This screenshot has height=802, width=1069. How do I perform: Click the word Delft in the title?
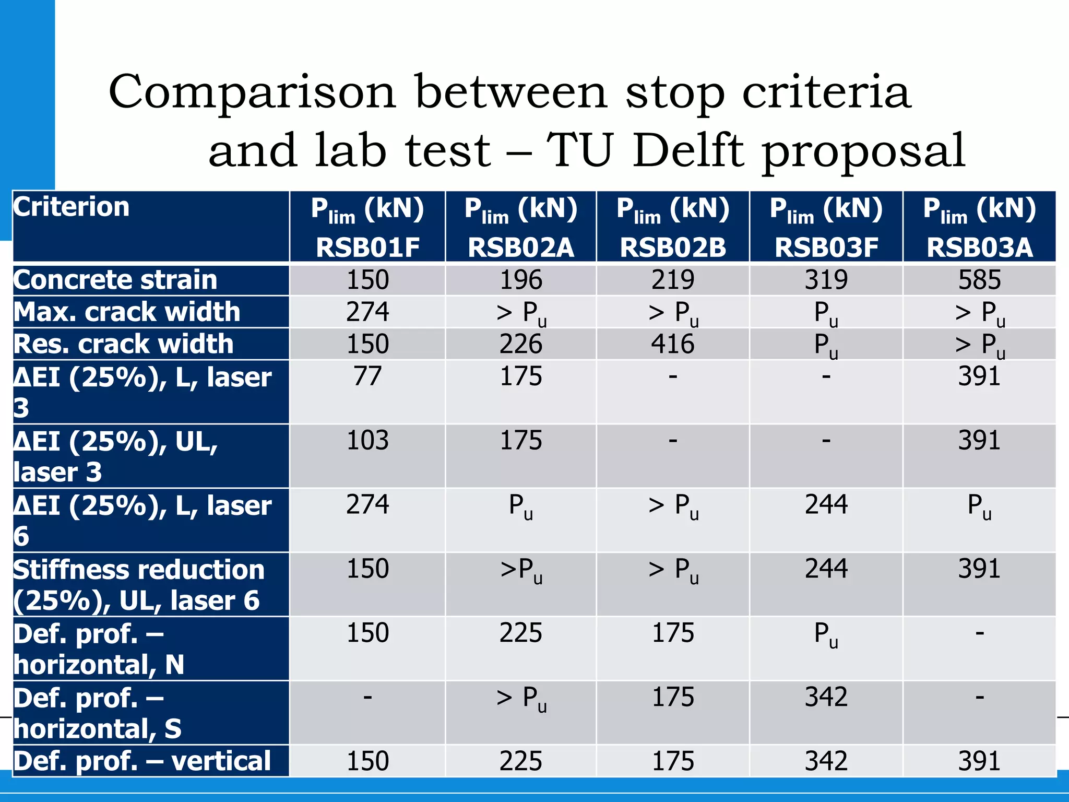[x=688, y=150]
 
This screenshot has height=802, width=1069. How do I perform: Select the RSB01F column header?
[x=367, y=227]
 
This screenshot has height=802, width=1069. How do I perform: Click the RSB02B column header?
[x=673, y=227]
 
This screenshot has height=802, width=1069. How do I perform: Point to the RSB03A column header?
[x=979, y=227]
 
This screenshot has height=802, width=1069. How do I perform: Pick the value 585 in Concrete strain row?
[x=979, y=280]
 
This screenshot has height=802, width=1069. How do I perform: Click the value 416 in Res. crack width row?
[x=673, y=344]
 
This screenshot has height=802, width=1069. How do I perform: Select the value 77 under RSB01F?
[x=367, y=376]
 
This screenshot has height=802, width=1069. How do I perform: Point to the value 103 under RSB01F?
[x=367, y=441]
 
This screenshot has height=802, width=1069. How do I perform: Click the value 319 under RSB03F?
[x=826, y=280]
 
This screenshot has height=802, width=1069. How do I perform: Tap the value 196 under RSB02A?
[x=521, y=280]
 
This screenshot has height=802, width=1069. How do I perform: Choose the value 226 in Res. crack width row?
[x=521, y=344]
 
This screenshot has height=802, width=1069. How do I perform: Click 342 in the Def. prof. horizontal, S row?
[x=826, y=697]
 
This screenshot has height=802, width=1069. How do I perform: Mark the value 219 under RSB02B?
[x=673, y=280]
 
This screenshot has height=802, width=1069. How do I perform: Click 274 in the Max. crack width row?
[x=367, y=312]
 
